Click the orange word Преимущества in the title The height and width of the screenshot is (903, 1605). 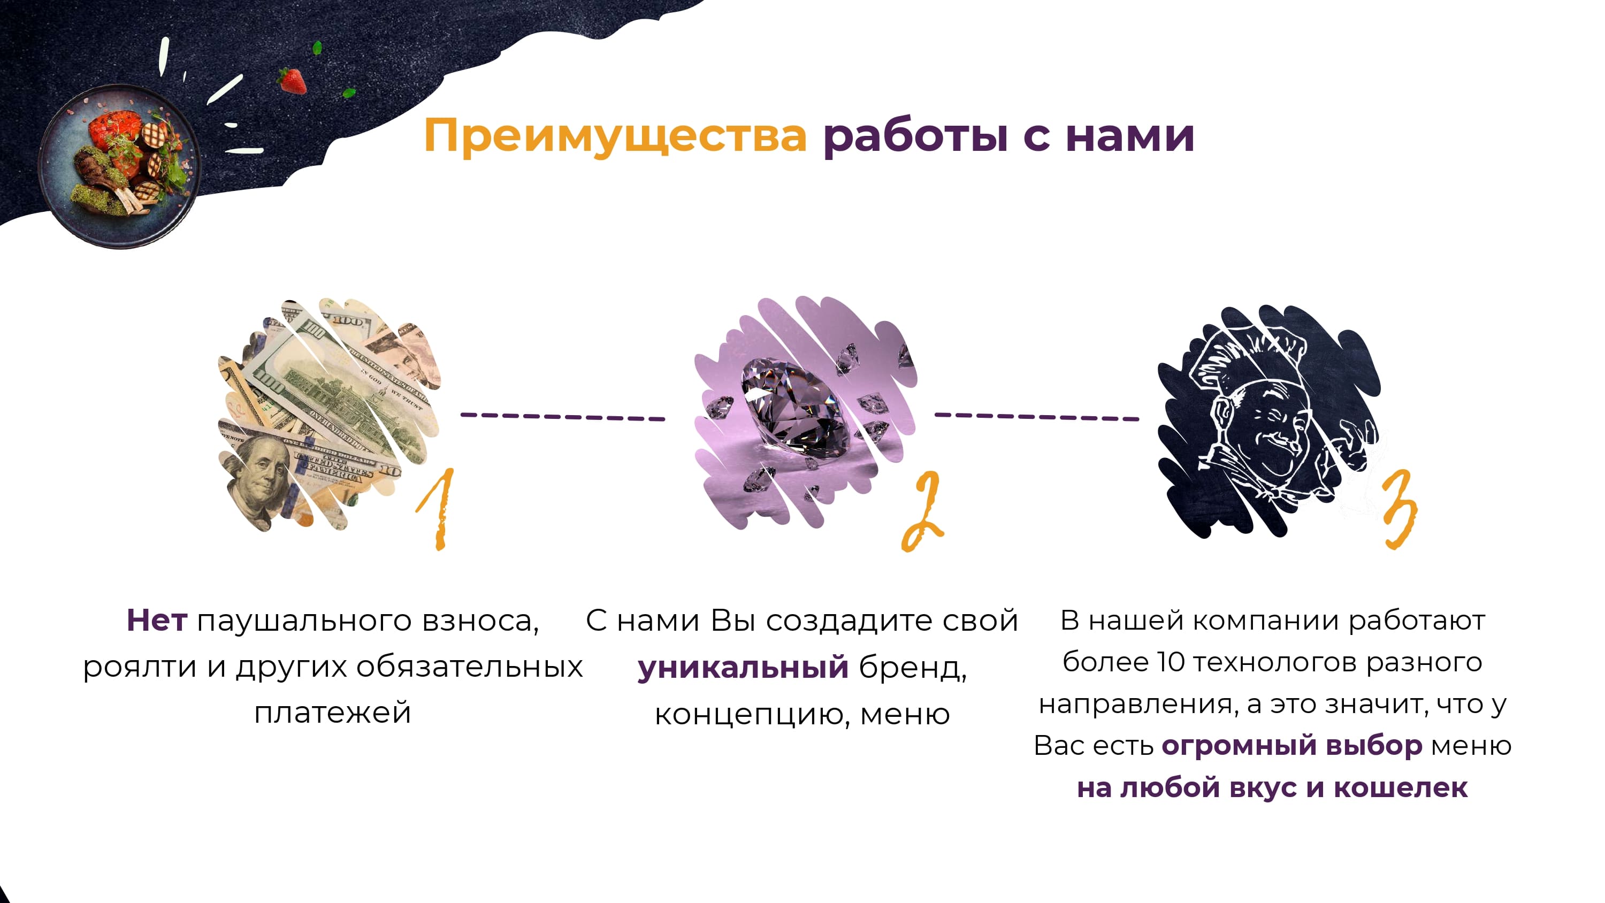(x=615, y=136)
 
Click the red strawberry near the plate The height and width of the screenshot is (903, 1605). (x=292, y=81)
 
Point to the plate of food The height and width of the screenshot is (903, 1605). (x=121, y=165)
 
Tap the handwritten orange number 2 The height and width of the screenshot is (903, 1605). (x=922, y=511)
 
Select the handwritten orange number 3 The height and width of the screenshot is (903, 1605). (x=1399, y=508)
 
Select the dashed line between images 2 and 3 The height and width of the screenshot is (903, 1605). (x=1037, y=416)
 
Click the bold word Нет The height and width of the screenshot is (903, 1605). (x=156, y=621)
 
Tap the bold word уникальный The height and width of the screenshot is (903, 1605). (x=743, y=668)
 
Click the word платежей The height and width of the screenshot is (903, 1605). (x=333, y=713)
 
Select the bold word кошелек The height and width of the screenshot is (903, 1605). (x=1400, y=787)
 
